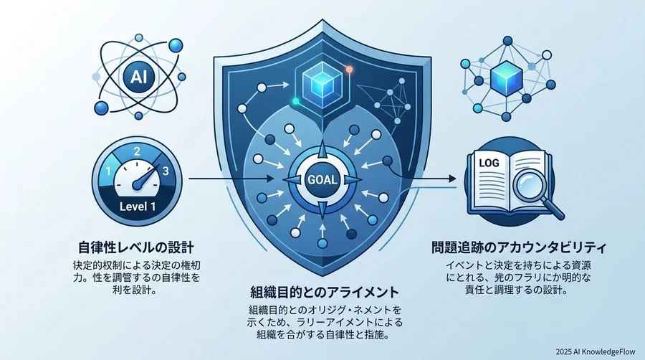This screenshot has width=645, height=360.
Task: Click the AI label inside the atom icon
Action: (138, 77)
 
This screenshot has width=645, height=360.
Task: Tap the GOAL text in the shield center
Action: (322, 180)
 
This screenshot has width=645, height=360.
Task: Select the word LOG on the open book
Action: (489, 163)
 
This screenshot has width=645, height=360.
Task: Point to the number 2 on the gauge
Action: (137, 152)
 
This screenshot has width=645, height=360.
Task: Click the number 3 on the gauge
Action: (166, 171)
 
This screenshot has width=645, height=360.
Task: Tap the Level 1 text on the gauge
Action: (138, 206)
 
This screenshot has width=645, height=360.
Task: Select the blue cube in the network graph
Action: (506, 77)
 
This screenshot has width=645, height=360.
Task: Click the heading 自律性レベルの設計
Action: (135, 247)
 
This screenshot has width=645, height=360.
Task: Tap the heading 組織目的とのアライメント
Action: (325, 292)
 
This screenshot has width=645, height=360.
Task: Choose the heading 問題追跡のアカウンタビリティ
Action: (519, 247)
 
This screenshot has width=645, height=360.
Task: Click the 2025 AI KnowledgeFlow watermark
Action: (595, 352)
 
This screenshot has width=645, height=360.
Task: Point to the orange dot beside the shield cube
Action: (349, 69)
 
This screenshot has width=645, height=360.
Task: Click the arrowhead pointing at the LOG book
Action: (451, 179)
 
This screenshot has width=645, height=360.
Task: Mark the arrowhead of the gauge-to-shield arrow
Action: (270, 179)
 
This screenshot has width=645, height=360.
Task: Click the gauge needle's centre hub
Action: (137, 185)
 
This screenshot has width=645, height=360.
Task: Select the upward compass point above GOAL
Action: (322, 150)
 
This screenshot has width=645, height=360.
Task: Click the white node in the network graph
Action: (547, 55)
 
